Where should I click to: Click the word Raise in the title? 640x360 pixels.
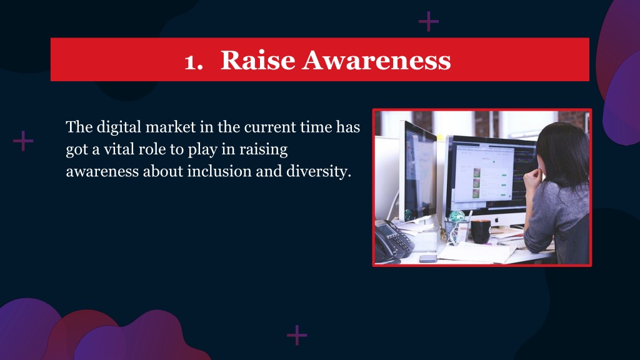257,61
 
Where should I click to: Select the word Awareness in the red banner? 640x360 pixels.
376,61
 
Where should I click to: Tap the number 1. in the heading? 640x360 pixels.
194,62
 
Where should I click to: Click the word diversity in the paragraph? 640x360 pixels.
318,171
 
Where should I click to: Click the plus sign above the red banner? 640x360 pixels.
429,21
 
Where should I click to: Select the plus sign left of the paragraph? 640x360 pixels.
23,141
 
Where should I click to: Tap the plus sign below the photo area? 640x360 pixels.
297,335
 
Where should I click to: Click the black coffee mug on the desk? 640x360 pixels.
481,231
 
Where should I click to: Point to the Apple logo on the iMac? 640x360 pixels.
497,220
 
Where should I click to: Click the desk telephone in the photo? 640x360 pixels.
392,241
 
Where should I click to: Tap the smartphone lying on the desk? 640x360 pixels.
427,258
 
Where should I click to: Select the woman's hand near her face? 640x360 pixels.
532,178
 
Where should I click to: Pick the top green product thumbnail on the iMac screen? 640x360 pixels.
476,172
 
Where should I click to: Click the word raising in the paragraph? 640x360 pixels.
263,149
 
